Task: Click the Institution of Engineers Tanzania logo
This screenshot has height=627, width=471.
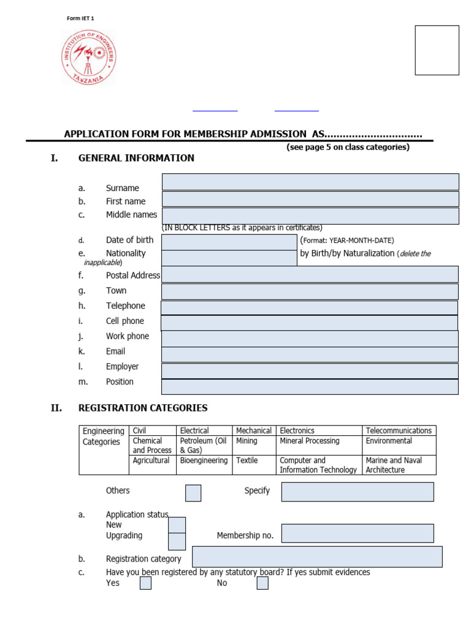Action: click(x=88, y=58)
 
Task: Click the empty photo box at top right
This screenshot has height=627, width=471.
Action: click(x=437, y=50)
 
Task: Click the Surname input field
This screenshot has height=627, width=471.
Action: click(x=310, y=182)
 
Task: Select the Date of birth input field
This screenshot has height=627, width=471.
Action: click(x=229, y=242)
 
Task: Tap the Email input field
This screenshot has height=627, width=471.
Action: click(x=310, y=355)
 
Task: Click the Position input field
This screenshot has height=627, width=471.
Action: click(x=310, y=387)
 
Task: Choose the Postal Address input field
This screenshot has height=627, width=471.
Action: click(x=310, y=274)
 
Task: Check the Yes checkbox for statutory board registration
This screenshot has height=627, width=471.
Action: click(x=145, y=583)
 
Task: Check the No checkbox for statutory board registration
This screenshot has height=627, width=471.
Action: click(x=262, y=583)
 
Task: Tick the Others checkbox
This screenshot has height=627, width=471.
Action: click(x=193, y=493)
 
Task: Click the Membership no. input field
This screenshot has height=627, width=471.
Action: click(x=357, y=533)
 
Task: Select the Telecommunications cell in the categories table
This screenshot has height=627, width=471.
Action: click(x=399, y=430)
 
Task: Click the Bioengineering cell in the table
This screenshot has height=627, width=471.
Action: click(x=204, y=460)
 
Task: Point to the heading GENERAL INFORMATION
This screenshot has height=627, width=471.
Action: click(x=136, y=158)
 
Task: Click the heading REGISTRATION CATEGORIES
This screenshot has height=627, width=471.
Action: click(x=143, y=408)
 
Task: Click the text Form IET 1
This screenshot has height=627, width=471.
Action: click(x=80, y=18)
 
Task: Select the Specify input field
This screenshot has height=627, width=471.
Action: click(x=357, y=492)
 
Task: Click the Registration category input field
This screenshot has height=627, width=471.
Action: click(x=317, y=557)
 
